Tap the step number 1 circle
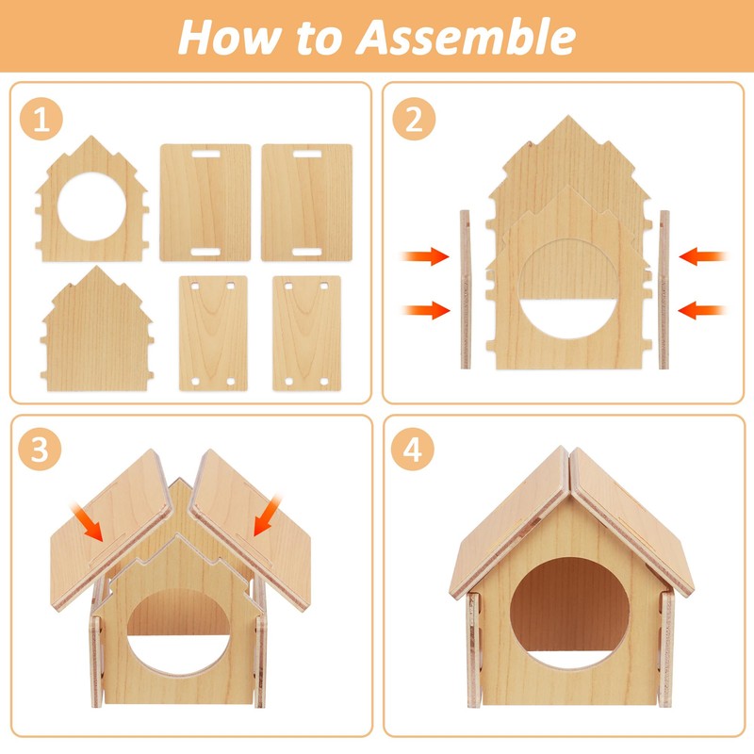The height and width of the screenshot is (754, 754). pos(41,121)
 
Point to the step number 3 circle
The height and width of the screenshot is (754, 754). pos(41,450)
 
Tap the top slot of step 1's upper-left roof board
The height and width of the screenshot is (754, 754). pos(205,153)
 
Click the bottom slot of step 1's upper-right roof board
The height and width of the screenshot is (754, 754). pos(307,252)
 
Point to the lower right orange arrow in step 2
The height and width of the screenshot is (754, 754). pos(702,308)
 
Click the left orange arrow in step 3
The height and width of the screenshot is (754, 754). pos(89,521)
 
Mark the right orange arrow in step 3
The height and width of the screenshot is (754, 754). pos(267,518)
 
